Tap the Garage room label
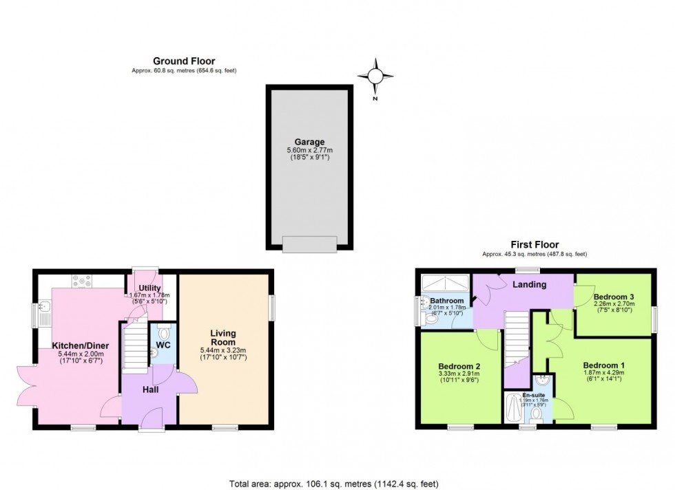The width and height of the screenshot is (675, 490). coord(309,141)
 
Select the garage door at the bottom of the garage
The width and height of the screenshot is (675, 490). coord(309,243)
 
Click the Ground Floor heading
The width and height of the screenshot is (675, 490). coord(184,61)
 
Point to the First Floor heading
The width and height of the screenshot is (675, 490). coord(534,244)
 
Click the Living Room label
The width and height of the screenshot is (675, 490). coord(223,337)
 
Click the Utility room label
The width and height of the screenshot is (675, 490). coord(149,288)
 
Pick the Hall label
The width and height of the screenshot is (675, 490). coord(151,390)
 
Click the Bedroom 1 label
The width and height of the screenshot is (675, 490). coord(603,365)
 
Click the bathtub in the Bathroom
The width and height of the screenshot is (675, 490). coord(445,283)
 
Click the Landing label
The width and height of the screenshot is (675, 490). coord(530,284)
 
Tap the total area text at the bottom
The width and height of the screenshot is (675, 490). coord(337,482)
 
